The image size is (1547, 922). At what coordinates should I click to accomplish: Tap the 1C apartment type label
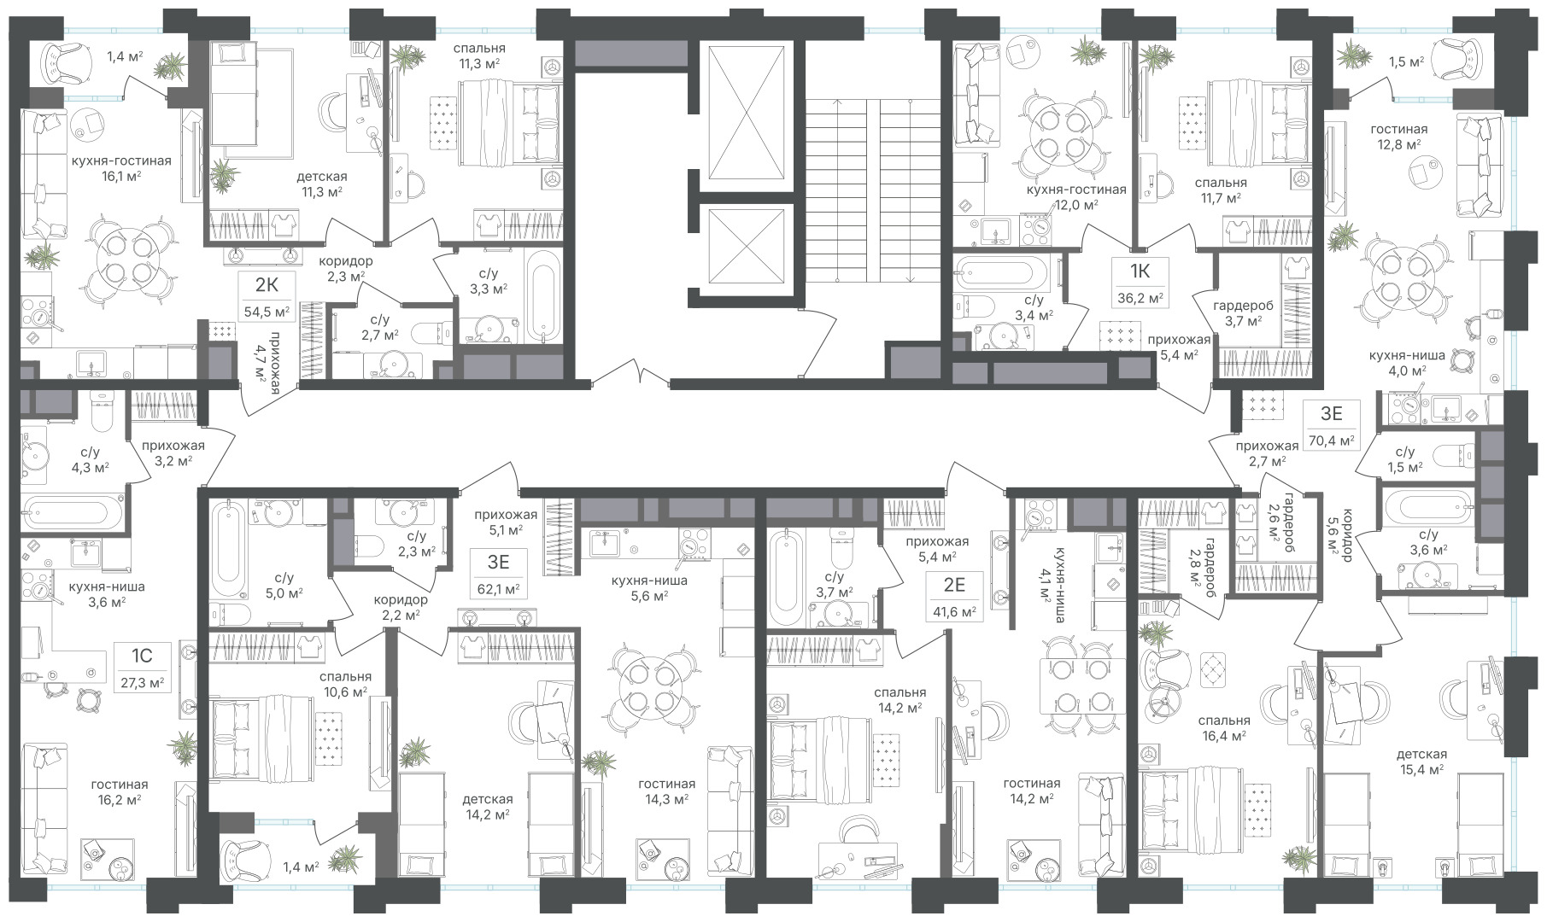[141, 656]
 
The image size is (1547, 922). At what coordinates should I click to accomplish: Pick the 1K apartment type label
[1140, 271]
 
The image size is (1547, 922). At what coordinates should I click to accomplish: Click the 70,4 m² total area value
[1332, 441]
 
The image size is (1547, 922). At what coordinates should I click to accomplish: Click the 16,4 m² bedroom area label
[1224, 735]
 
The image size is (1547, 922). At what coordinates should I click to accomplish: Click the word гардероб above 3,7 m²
[1243, 306]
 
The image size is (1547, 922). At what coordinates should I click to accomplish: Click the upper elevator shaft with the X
[747, 114]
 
